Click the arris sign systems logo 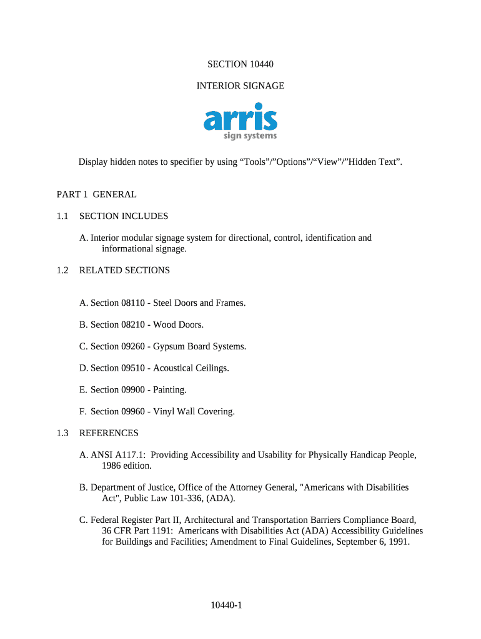(241, 124)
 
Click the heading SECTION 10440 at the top (241, 64)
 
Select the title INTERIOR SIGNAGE (241, 86)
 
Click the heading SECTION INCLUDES (124, 217)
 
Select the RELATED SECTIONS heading (124, 271)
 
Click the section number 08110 (134, 303)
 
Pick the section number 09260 (134, 347)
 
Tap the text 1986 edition (127, 466)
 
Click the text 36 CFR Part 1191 (137, 531)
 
